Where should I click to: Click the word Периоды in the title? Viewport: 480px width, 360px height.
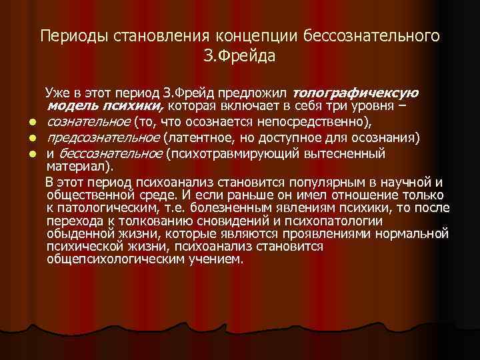point(67,36)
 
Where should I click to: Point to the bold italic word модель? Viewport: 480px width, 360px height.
point(70,106)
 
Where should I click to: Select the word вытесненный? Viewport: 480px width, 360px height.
point(346,154)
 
